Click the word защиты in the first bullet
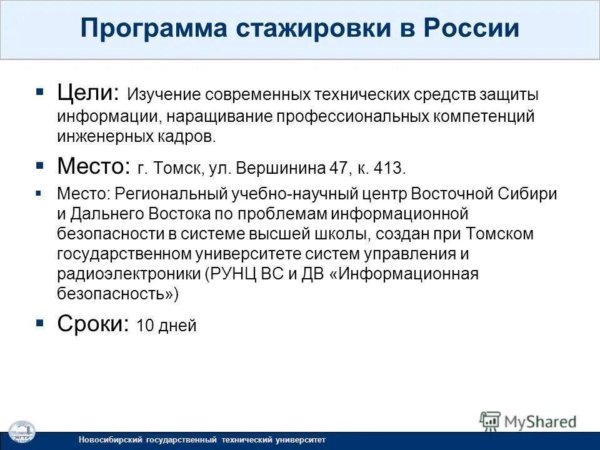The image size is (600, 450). [x=509, y=96]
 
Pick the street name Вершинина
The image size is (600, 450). [x=279, y=169]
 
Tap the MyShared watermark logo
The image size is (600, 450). [x=527, y=421]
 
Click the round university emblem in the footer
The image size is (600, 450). [x=21, y=433]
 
